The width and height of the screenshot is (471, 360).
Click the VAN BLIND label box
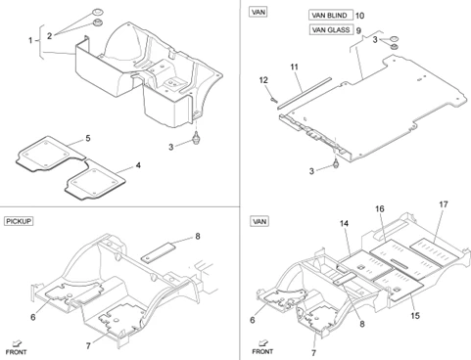pos(331,16)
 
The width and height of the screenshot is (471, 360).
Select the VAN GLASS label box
pos(331,30)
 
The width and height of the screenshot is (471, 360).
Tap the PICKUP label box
pos(19,221)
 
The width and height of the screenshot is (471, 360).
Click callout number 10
pos(359,16)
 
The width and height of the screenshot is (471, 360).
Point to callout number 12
pos(263,80)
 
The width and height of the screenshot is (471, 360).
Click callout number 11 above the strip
pos(295,67)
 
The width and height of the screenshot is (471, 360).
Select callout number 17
pos(444,204)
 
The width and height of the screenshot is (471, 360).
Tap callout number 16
pos(380,208)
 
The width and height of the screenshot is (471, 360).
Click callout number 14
pos(344,223)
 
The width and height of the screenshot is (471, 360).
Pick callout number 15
pos(415,316)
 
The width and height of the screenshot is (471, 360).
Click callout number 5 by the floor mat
pos(88,138)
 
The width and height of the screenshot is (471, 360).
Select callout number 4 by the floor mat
pos(138,165)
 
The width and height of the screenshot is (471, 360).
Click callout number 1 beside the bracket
pos(30,40)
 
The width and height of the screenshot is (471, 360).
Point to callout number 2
pos(49,36)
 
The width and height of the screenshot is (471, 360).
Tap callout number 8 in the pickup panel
pos(198,236)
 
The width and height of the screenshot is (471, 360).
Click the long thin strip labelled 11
pos(305,93)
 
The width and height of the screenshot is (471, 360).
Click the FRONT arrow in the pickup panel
pos(17,343)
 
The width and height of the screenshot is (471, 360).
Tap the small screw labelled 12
pos(272,100)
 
